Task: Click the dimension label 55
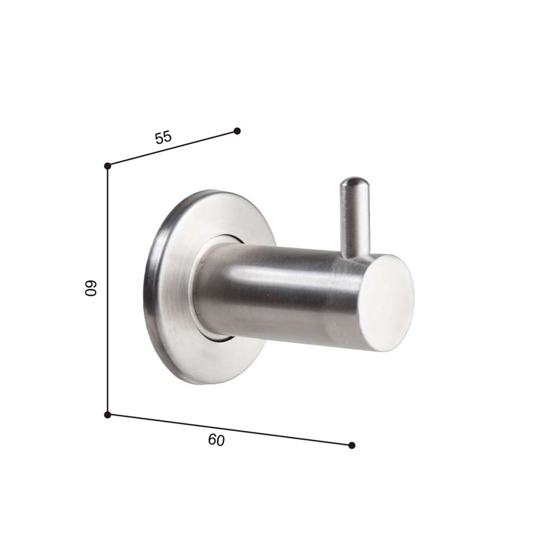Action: (163, 137)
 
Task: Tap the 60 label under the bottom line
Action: (216, 440)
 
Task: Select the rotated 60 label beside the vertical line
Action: (91, 288)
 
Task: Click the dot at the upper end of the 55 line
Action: (238, 131)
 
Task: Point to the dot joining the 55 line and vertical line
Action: (107, 166)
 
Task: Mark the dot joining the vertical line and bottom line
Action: (107, 415)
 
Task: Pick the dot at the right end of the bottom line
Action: (352, 445)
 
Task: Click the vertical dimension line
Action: (107, 290)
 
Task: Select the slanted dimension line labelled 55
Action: (172, 148)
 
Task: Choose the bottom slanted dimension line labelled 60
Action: (229, 430)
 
